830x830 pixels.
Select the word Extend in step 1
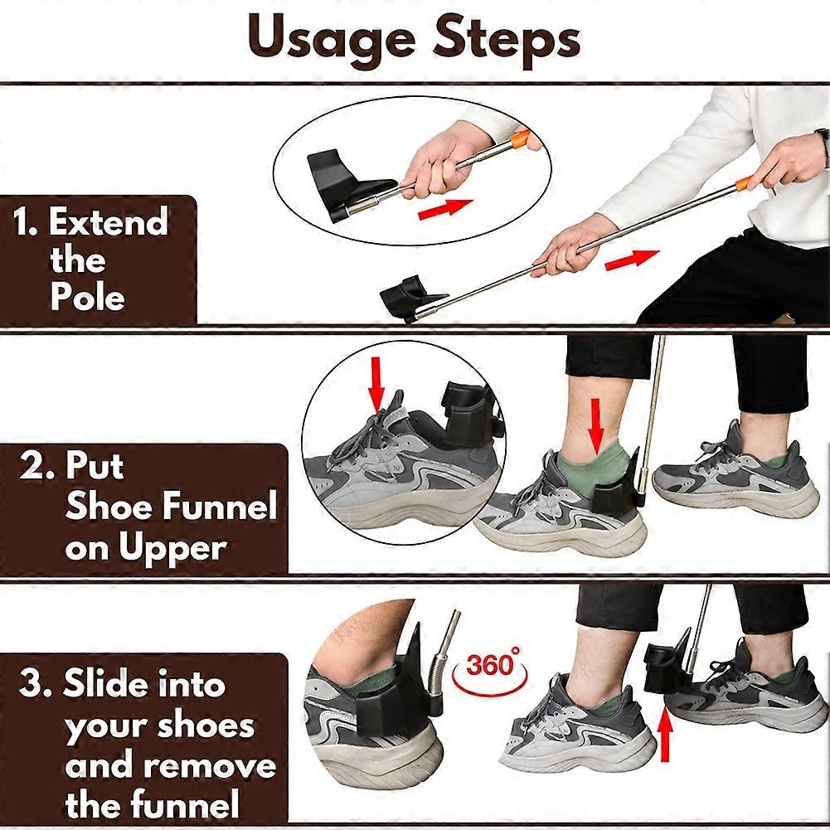108,223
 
